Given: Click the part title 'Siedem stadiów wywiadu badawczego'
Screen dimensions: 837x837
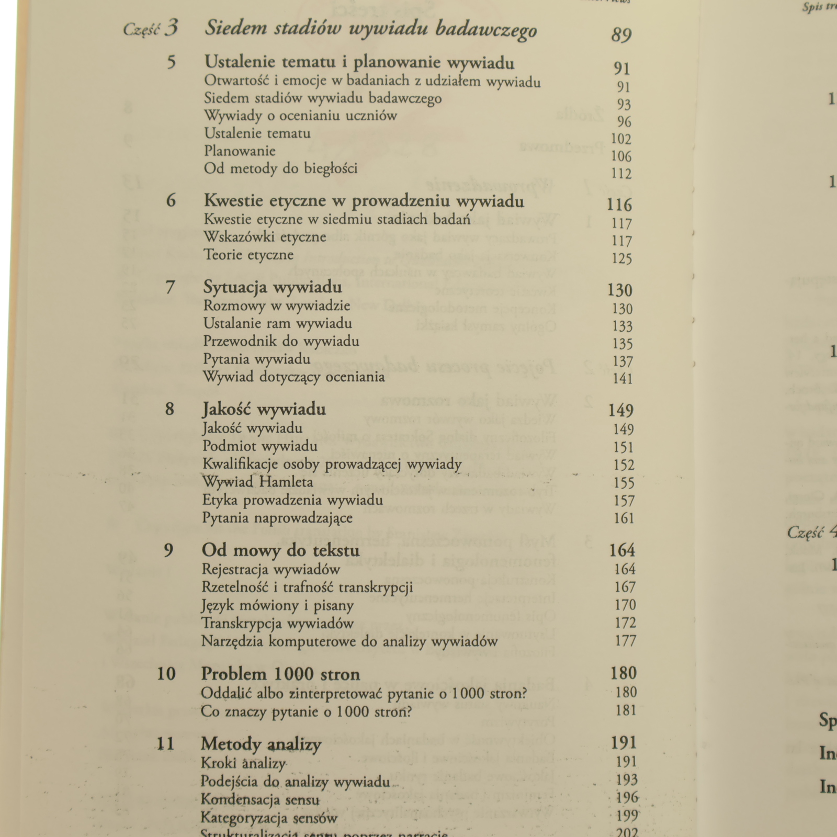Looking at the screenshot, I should click(370, 29).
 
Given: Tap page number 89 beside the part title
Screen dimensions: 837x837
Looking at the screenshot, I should click(621, 35).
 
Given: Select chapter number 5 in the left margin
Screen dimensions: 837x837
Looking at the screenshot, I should click(171, 63).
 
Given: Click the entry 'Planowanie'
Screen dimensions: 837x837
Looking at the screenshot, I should click(240, 151).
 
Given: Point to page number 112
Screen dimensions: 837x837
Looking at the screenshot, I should click(621, 173).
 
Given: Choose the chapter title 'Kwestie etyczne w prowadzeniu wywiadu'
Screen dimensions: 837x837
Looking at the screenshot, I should click(364, 201).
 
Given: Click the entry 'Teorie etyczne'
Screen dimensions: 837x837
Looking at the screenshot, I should click(248, 255).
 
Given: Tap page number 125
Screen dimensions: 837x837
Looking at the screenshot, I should click(622, 258).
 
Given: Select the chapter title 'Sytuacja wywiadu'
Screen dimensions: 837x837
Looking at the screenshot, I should click(273, 287).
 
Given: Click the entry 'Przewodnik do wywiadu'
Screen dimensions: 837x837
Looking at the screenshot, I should click(281, 342).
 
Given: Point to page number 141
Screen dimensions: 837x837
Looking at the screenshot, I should click(623, 378).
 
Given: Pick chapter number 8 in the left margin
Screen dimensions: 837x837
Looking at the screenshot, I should click(169, 409).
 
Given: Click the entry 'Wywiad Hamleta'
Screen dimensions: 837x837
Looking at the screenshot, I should click(257, 482).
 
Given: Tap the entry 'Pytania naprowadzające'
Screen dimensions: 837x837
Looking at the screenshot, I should click(277, 518).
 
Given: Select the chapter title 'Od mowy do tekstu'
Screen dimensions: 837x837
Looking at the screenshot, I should click(280, 551).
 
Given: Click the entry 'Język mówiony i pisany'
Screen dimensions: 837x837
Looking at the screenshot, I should click(277, 606).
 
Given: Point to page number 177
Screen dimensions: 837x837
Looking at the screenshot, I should click(625, 641).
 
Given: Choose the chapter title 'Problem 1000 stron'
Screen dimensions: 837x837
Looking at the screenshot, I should click(280, 674).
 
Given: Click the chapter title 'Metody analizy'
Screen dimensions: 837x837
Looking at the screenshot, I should click(261, 744).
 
